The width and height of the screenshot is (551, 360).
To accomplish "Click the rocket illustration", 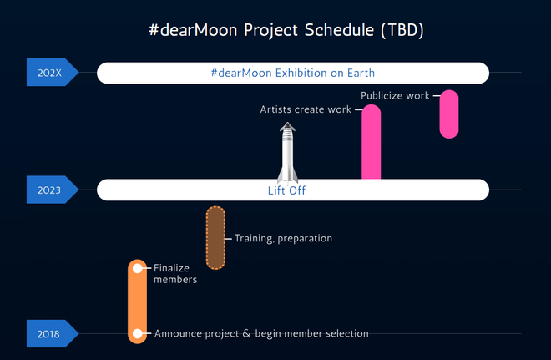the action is [x=287, y=153].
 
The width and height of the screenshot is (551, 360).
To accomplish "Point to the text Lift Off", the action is [x=286, y=190].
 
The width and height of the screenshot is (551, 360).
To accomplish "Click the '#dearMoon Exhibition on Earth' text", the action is [x=293, y=73].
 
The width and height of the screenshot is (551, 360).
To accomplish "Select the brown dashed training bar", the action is [x=215, y=238].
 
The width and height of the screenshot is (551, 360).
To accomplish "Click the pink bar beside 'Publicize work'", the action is [x=449, y=114].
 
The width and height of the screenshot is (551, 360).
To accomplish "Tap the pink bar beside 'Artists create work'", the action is [x=371, y=142].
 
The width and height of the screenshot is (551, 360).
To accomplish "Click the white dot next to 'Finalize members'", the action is [x=138, y=269].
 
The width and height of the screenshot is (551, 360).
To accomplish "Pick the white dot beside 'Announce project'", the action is [x=138, y=333].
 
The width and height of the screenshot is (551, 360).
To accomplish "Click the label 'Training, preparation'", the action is [x=283, y=238].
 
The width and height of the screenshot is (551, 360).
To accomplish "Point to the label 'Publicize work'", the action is [x=395, y=95].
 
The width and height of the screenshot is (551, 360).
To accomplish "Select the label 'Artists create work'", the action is [x=306, y=109].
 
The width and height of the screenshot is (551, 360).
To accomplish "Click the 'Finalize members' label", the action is [x=175, y=273].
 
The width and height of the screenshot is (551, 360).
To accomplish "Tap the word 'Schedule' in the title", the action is [x=339, y=29].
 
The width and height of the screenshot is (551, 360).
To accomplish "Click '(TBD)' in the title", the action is [x=402, y=30].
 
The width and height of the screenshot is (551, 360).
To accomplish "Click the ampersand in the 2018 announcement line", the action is [x=246, y=333].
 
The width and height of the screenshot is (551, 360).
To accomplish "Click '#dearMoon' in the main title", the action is [x=193, y=29].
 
